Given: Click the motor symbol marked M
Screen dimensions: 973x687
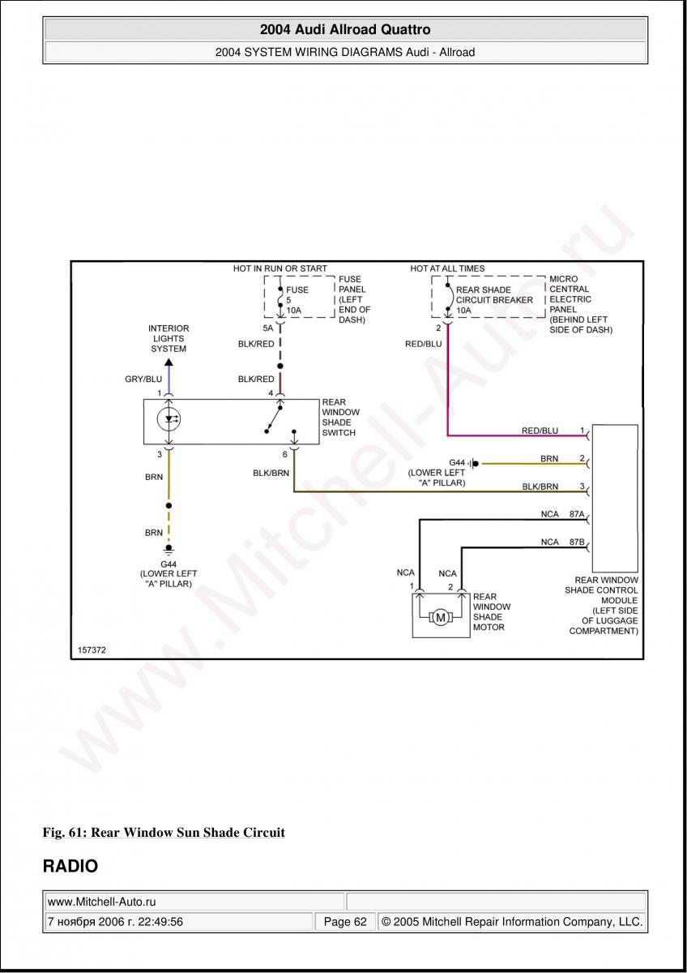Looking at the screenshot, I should point(441,618).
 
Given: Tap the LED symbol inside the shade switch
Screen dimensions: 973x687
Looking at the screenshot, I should point(169,420).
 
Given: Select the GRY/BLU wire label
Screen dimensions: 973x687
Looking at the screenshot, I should point(143,379).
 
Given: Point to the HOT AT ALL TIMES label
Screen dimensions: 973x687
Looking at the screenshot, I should point(447,268).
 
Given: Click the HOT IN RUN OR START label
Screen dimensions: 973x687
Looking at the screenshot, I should point(280,268).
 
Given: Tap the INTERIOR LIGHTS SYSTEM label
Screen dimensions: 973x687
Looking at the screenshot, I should point(169,339).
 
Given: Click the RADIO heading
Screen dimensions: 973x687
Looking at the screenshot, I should point(70,866).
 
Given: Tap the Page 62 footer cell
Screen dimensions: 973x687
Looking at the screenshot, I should point(345,922).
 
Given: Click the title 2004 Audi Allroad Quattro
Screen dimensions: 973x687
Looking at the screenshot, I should point(345,30).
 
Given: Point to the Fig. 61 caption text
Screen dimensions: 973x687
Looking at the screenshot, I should point(164,833).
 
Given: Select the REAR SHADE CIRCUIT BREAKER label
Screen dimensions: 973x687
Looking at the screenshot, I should point(494,300).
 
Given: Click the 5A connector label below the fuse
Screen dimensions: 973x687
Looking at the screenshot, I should point(267,328).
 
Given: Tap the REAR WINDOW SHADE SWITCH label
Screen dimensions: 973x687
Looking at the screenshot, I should point(339,418).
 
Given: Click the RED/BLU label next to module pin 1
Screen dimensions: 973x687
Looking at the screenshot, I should point(540,431).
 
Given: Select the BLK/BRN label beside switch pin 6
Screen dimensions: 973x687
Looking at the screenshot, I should point(271,473).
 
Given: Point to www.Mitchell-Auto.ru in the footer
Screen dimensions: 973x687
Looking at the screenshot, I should point(102,901).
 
